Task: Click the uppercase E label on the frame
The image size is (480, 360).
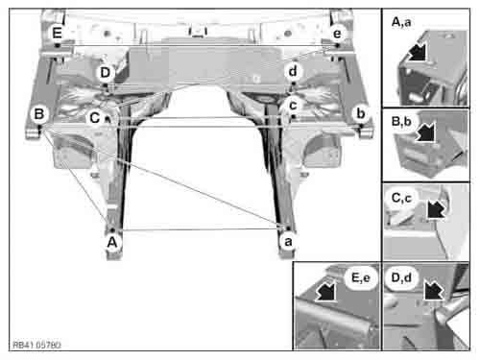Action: coord(57,33)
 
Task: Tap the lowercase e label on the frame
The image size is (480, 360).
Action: coord(337,33)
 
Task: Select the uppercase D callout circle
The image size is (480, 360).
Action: coord(106,73)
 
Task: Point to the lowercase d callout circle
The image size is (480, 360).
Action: coord(293,71)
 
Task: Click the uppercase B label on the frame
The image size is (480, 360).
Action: coord(39,114)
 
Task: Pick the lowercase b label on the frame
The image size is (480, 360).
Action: coord(361,113)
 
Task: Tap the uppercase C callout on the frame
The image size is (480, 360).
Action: coord(95,118)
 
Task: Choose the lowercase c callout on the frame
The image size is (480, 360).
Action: coord(293,105)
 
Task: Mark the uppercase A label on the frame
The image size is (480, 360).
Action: coord(112,242)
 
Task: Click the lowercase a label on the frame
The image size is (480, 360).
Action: coord(288,241)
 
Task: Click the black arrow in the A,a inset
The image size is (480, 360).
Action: coord(417,51)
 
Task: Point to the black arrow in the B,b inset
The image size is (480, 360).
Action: coord(426,132)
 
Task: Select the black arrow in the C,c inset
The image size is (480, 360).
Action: coord(436,209)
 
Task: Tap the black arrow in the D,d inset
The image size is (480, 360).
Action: coord(433,290)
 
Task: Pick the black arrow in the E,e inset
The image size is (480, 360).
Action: coord(326,291)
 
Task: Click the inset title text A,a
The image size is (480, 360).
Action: coord(401,22)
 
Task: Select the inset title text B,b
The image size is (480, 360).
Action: coord(401,122)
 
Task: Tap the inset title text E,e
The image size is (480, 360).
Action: coord(361,277)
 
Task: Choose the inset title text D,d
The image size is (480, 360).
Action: coord(401,277)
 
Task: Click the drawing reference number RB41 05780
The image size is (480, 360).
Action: coord(36,345)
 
